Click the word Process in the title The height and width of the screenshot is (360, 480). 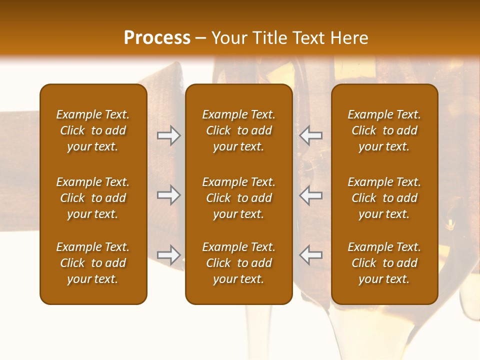(x=157, y=38)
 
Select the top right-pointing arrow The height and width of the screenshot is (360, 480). (x=169, y=135)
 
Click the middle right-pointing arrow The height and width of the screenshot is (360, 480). (x=169, y=194)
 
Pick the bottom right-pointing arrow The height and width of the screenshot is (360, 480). (x=169, y=254)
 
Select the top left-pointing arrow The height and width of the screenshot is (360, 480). (x=310, y=135)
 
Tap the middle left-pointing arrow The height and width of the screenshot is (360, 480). (x=310, y=194)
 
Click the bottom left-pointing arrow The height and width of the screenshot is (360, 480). (x=310, y=254)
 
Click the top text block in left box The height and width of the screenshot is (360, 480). (x=93, y=130)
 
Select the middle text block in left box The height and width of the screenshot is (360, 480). (x=93, y=198)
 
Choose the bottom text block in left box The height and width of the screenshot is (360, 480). (x=93, y=263)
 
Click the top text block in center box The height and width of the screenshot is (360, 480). (x=239, y=130)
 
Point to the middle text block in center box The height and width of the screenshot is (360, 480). (x=239, y=198)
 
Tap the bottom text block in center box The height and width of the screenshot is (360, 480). (x=239, y=263)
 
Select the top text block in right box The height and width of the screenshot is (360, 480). (x=384, y=130)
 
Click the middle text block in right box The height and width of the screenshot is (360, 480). (x=384, y=198)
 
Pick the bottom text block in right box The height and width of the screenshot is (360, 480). (x=384, y=263)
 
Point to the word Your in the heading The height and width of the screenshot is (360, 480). (x=229, y=38)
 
